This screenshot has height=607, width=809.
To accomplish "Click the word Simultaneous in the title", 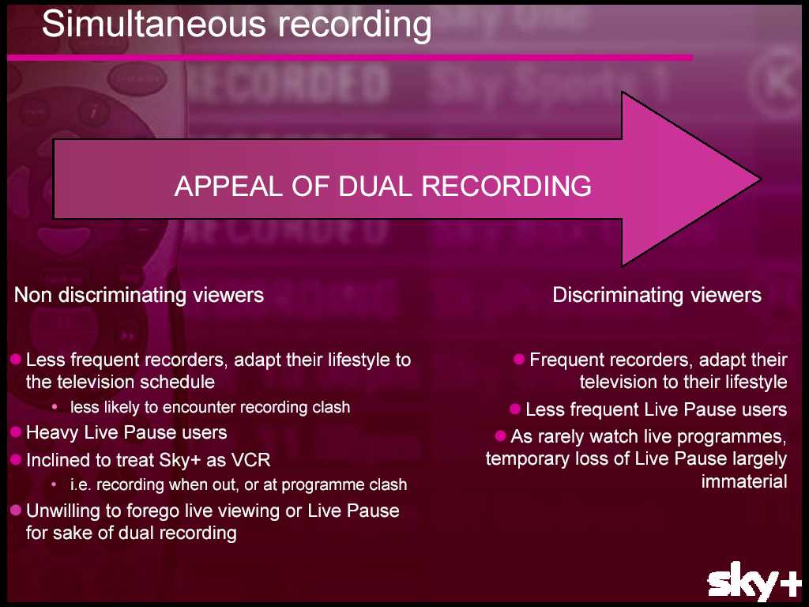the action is (x=154, y=24).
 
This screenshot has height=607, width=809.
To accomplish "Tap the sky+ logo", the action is (x=754, y=582).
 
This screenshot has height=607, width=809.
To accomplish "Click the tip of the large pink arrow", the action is (x=761, y=179).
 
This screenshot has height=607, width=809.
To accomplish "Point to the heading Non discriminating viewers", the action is (x=139, y=295).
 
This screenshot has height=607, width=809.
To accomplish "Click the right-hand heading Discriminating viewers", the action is (x=657, y=295).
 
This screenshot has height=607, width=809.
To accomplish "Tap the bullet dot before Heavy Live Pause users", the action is (x=16, y=432).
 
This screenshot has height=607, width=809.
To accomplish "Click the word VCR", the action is (x=251, y=460).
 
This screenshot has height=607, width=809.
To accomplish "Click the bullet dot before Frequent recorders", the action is (x=519, y=359).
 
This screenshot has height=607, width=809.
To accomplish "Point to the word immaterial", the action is (x=744, y=481).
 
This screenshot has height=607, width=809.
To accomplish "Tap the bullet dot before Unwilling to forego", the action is (x=16, y=511).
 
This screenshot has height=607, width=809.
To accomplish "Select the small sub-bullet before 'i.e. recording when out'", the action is (x=55, y=484).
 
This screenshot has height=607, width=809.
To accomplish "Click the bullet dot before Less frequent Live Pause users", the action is (x=515, y=409).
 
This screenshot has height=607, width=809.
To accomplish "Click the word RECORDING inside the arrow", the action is (x=506, y=186).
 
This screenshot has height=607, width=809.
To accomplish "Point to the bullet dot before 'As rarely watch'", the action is (x=500, y=436).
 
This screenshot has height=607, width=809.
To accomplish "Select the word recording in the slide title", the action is (x=355, y=25).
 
